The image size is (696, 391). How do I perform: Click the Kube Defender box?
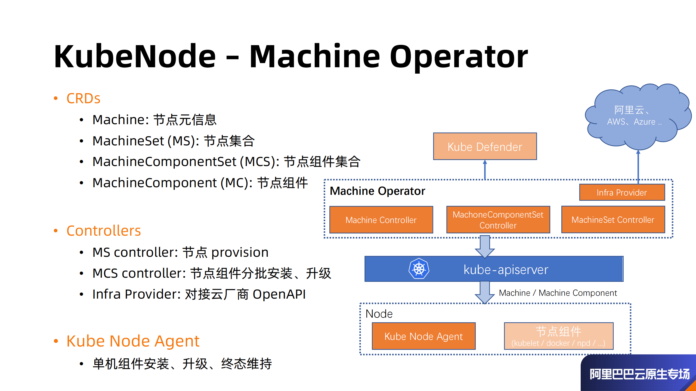485,146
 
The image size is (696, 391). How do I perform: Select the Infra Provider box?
622,192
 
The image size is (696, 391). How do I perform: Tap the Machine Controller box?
381,220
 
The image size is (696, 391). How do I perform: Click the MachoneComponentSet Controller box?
498,220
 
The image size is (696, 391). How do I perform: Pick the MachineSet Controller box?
613,220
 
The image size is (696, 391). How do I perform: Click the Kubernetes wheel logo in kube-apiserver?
419,269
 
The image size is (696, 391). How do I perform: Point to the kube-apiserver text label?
506,270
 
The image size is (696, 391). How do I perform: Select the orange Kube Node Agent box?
423,336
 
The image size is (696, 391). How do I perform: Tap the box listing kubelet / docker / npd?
558,336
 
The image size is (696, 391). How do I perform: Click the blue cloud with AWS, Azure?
636,117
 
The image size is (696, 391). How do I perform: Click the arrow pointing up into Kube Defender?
485,170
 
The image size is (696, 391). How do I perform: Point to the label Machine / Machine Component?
558,293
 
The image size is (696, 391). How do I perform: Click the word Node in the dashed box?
379,314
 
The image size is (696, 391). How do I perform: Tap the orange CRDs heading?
83,98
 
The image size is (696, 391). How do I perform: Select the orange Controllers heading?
104,231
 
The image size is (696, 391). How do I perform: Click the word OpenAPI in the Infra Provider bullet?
279,294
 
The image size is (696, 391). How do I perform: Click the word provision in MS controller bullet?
240,252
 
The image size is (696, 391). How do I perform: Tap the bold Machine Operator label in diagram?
377,191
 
